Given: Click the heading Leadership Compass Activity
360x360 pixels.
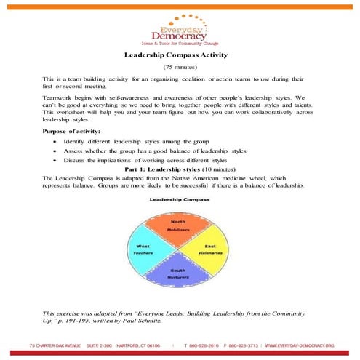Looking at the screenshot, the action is pos(180,55).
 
